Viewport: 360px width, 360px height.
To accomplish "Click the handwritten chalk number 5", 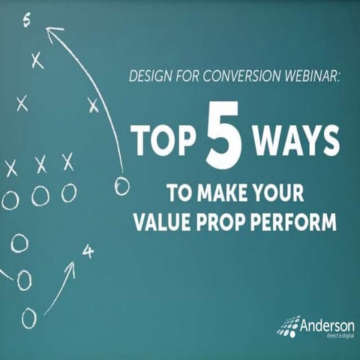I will click(27, 20).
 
